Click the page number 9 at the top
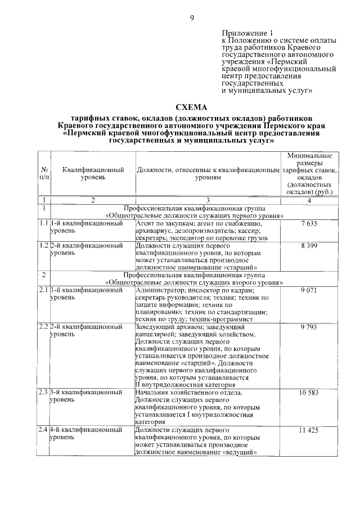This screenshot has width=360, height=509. tap(191, 19)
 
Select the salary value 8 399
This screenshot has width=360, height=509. tap(309, 246)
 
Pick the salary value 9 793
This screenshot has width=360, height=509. tap(309, 327)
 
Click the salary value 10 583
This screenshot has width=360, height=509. tap(309, 393)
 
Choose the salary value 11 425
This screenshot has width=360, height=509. tap(309, 430)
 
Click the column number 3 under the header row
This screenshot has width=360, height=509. tap(207, 201)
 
